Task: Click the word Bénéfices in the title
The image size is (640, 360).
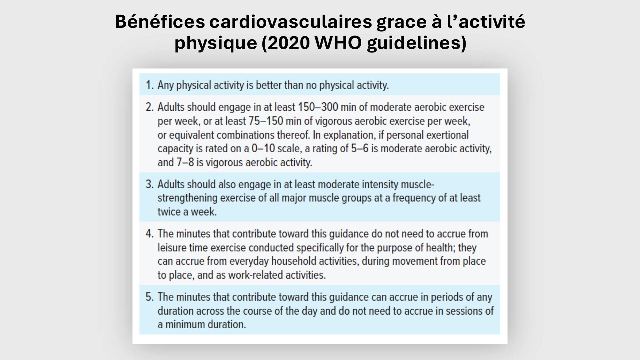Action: [x=160, y=22]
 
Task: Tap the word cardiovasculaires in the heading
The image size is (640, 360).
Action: [x=291, y=22]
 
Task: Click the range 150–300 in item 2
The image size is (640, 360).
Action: [x=318, y=107]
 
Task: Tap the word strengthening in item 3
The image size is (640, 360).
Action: [x=188, y=198]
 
